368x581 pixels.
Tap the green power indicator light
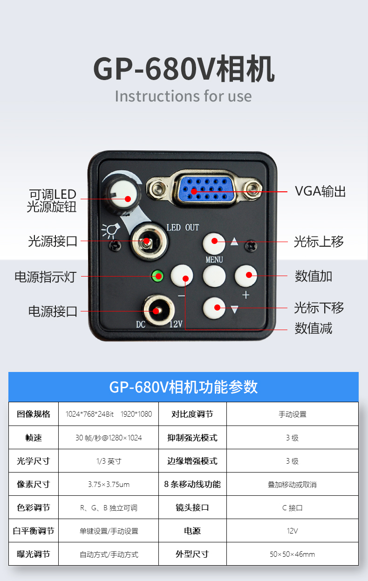pyautogui.click(x=157, y=276)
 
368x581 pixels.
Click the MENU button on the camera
pyautogui.click(x=214, y=276)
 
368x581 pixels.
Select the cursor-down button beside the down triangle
pyautogui.click(x=214, y=307)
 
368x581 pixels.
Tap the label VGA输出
pyautogui.click(x=320, y=191)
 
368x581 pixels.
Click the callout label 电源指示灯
pyautogui.click(x=45, y=277)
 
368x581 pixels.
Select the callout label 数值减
pyautogui.click(x=313, y=328)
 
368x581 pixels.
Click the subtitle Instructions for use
pyautogui.click(x=183, y=96)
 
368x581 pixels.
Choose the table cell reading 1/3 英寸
pyautogui.click(x=108, y=461)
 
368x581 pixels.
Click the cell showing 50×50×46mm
pyautogui.click(x=292, y=554)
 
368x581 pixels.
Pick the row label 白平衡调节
pyautogui.click(x=33, y=531)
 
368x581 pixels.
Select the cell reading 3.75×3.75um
pyautogui.click(x=108, y=484)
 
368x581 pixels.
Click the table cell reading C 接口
pyautogui.click(x=292, y=507)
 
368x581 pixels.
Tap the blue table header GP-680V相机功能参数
pyautogui.click(x=184, y=387)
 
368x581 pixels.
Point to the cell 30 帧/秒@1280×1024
pyautogui.click(x=108, y=438)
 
